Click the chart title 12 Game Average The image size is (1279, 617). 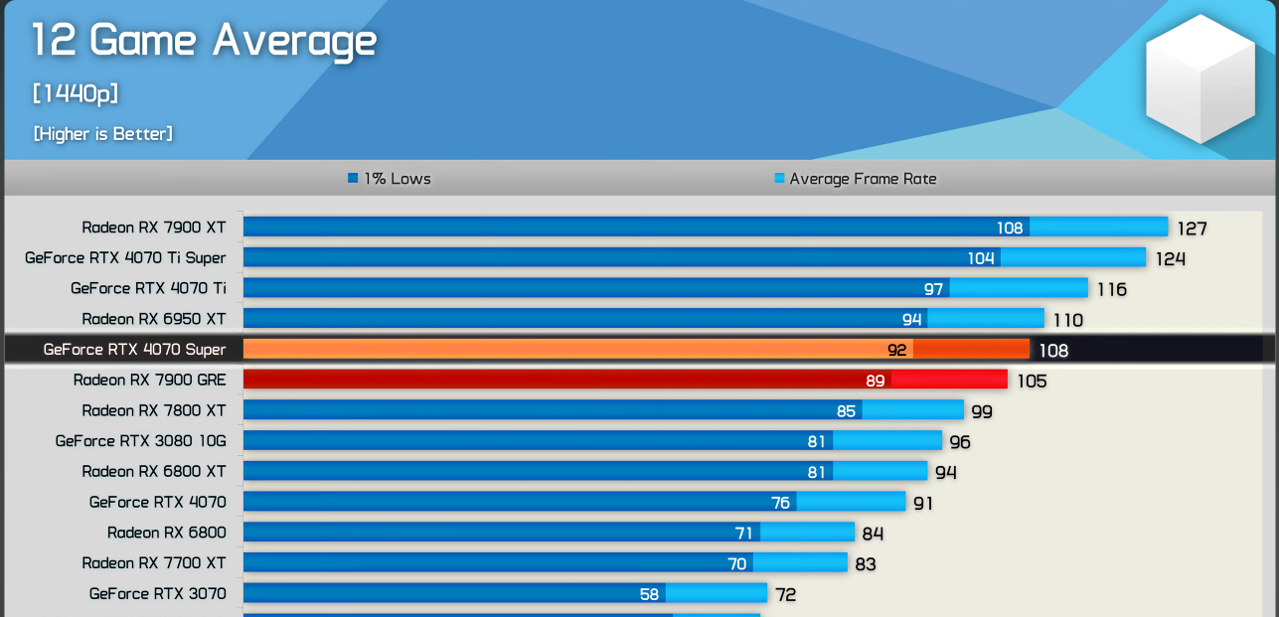(205, 42)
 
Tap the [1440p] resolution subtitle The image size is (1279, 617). (76, 94)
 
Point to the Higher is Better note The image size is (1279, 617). (102, 134)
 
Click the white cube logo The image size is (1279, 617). (1199, 79)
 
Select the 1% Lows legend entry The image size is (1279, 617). (390, 179)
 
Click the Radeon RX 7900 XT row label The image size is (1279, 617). (154, 228)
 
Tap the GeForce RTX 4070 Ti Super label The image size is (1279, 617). (125, 258)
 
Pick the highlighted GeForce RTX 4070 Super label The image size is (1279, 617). (134, 350)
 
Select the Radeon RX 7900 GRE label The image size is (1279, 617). (150, 381)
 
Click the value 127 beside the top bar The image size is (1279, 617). (1192, 229)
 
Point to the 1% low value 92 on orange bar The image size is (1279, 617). (897, 350)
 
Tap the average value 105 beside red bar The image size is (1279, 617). (1032, 382)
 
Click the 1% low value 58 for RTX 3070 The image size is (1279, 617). (649, 594)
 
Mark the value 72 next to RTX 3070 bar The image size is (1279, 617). (786, 595)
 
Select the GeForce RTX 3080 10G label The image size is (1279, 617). (141, 441)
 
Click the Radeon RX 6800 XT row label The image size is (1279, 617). (154, 472)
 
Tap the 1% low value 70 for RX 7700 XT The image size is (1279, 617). (736, 563)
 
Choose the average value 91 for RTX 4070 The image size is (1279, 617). (923, 504)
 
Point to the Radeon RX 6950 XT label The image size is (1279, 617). (154, 319)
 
